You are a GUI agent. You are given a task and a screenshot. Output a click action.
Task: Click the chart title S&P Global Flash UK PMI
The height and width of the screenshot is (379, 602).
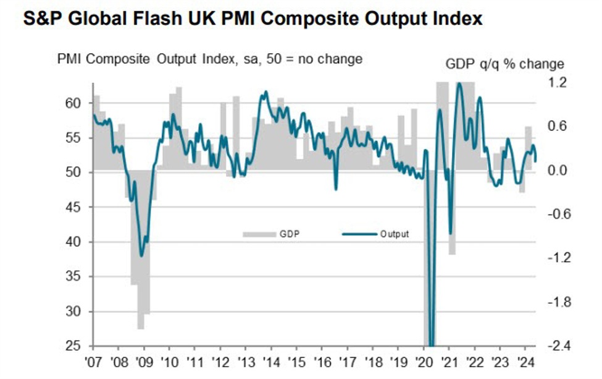point(252,19)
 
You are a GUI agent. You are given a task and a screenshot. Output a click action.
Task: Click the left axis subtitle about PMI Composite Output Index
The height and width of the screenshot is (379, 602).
point(209,59)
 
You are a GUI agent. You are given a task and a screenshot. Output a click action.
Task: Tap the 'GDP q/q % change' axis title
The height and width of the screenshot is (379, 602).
point(504,64)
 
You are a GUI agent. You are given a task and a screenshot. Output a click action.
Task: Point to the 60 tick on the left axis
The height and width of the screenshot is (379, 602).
point(74,103)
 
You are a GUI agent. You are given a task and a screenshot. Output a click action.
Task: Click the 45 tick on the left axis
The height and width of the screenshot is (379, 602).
point(74,207)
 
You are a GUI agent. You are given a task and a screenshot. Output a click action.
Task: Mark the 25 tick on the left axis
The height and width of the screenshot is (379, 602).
point(74,346)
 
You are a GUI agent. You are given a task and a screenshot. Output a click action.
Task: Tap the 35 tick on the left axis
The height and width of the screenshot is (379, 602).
point(74,276)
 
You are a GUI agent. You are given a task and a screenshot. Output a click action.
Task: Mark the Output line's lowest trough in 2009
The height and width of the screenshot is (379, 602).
point(142,255)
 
